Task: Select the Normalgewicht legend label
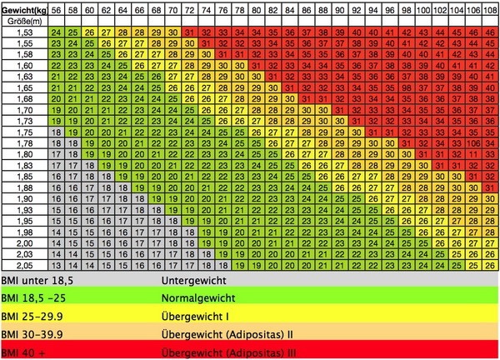[x=197, y=298]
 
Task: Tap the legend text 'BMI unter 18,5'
[x=33, y=281]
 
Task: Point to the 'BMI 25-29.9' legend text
[x=30, y=316]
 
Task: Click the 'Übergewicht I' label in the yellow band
[x=193, y=316]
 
